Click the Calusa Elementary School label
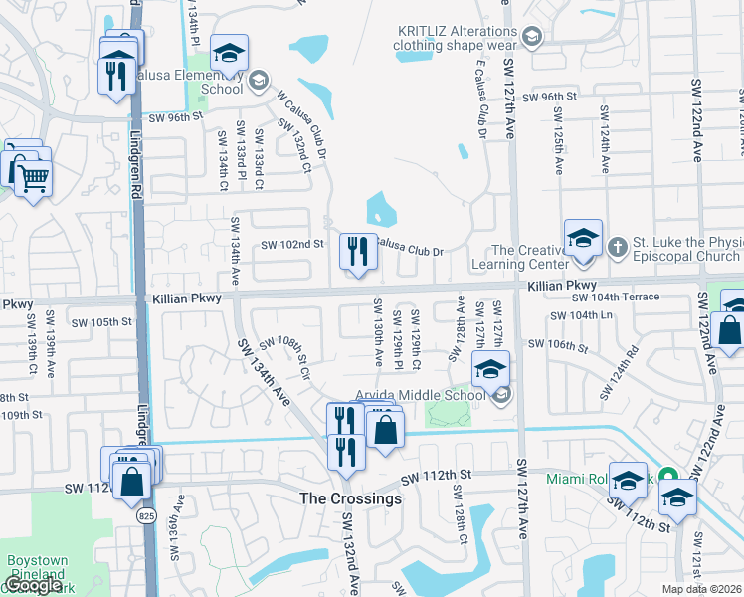coord(207,80)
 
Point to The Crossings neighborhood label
coord(352,497)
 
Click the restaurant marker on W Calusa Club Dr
coord(358,251)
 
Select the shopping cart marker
coord(33,179)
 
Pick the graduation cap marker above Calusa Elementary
coord(230,54)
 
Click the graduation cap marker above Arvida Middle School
coord(490,370)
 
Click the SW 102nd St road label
coord(293,244)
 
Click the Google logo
coord(33,585)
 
